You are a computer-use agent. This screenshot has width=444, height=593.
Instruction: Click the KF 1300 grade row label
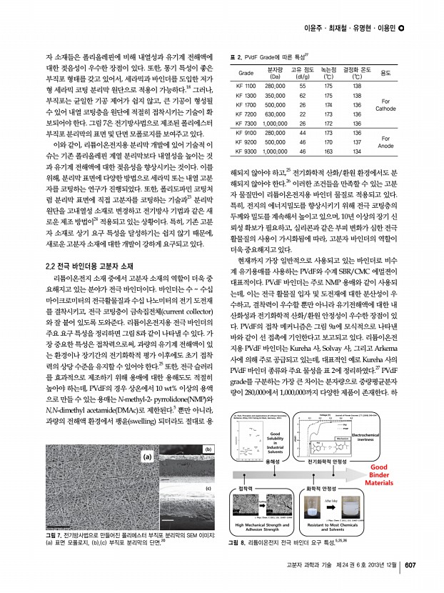(x=246, y=94)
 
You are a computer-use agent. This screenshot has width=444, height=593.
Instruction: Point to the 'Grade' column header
(x=246, y=74)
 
